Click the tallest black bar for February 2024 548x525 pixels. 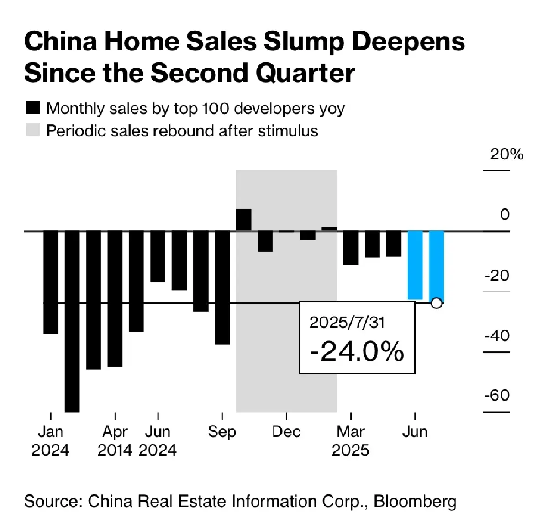click(72, 320)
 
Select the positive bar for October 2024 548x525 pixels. click(243, 220)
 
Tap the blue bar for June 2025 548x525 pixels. click(415, 265)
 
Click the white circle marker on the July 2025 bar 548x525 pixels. click(437, 303)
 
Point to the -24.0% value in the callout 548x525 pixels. click(357, 351)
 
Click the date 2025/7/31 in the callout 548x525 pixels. click(347, 322)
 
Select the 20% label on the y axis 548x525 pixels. click(506, 154)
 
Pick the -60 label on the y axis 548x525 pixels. click(497, 395)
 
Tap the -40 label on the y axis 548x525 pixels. click(497, 335)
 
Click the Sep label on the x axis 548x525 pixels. click(222, 431)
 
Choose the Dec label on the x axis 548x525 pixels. click(286, 431)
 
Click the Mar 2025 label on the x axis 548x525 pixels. click(350, 440)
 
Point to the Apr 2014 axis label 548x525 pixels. click(115, 440)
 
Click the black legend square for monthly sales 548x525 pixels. click(33, 108)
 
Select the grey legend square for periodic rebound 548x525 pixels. click(33, 130)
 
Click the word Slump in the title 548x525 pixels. click(303, 42)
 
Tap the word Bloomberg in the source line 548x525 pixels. click(415, 501)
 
